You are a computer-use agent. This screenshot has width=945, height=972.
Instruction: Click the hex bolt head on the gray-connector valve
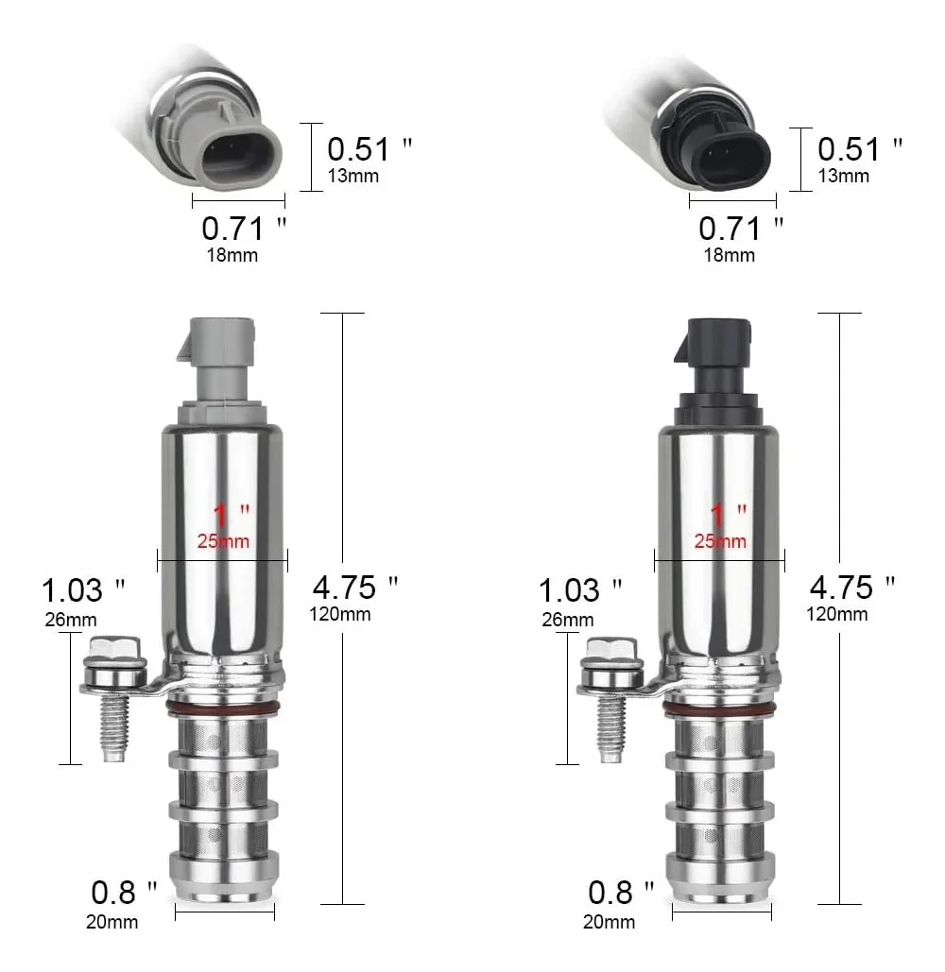tap(113, 652)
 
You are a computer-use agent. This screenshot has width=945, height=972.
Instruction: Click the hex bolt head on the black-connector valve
tap(611, 652)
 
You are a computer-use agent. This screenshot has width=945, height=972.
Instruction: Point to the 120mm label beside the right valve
tap(836, 615)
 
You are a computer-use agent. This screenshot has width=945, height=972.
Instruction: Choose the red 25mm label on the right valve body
tap(720, 541)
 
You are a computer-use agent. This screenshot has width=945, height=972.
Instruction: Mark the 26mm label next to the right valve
tap(567, 620)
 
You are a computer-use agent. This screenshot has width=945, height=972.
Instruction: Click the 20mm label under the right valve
tap(608, 921)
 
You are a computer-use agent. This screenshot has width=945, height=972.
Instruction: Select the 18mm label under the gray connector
tap(232, 254)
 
